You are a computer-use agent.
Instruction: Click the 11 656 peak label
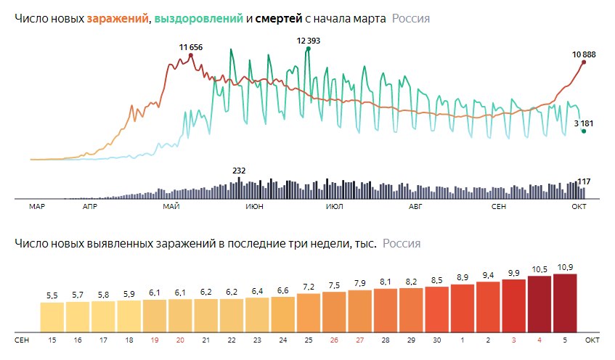coord(191,47)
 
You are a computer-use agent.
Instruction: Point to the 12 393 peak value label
coord(309,41)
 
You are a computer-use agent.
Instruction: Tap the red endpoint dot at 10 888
coord(584,62)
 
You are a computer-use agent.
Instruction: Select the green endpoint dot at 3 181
coord(583,131)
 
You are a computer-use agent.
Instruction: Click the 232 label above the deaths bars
coord(239,171)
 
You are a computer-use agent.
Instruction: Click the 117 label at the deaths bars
coord(582,181)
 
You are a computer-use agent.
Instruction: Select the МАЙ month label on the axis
coord(171,208)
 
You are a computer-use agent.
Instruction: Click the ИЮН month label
coord(254,208)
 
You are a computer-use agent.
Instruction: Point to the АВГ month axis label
coord(415,208)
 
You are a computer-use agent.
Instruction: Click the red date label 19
coord(155,339)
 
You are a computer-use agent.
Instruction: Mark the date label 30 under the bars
coord(436,339)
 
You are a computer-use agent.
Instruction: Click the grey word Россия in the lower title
coord(402,244)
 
